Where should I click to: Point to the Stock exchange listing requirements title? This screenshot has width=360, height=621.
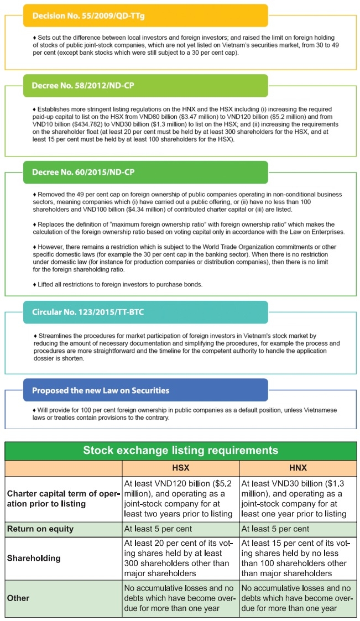coord(180,450)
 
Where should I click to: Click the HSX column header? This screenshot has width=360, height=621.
coord(181,468)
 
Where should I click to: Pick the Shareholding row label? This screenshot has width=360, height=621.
coord(34,558)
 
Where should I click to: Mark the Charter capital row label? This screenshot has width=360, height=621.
coord(63,499)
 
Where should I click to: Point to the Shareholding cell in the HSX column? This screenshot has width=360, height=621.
coord(180,558)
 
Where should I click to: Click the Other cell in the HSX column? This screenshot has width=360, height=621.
coord(180,598)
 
